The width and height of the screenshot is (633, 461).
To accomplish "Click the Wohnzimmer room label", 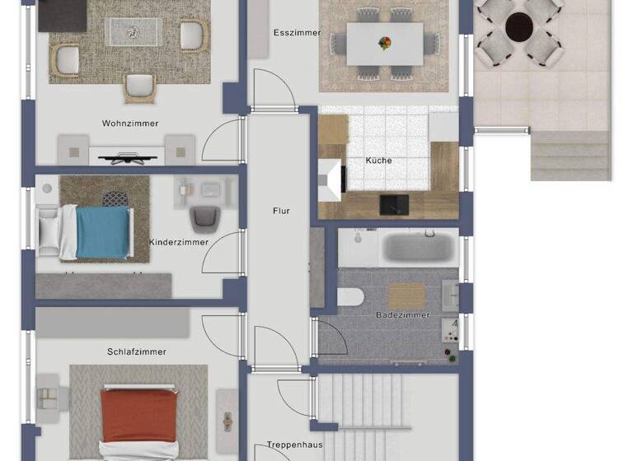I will pos(130,123).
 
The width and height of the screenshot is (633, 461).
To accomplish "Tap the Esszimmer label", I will pos(297,33).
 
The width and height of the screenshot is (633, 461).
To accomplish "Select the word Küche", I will pos(378,161).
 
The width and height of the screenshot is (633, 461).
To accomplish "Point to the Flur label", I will pos(281,212).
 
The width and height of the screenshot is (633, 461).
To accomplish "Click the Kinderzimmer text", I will pos(179,242).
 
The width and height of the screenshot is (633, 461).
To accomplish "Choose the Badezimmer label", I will pos(402,314).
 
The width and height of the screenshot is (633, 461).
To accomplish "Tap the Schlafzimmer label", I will pos(137,352).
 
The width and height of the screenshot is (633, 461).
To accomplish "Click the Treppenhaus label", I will pos(293,445).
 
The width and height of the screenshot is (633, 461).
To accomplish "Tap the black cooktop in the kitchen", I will pos(392,203).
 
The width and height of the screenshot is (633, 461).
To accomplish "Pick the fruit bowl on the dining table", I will pos(384,42).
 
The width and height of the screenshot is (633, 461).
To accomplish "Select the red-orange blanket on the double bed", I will pos(138,417).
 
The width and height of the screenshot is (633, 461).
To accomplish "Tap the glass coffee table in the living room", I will pos(132,31).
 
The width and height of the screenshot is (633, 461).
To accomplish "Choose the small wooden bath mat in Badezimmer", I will pos(406,296).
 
